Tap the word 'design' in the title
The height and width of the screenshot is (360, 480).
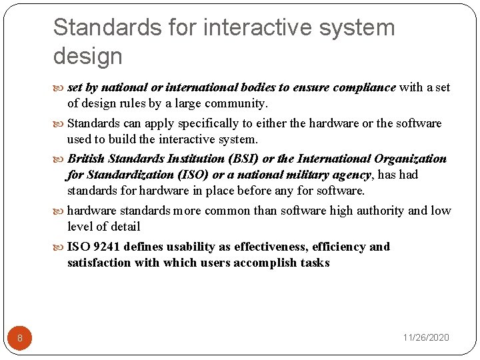(x=88, y=56)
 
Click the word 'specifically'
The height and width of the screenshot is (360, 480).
(x=206, y=123)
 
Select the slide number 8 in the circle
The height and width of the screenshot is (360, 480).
(x=20, y=338)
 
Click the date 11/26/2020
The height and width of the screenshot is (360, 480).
(x=426, y=337)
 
